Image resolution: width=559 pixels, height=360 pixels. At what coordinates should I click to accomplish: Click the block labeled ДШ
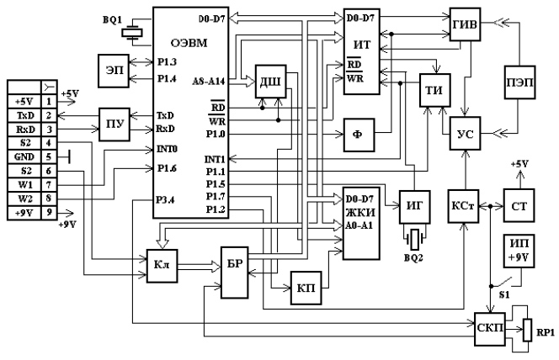[270, 82]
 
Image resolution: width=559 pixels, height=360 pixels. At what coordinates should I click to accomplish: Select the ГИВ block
[465, 24]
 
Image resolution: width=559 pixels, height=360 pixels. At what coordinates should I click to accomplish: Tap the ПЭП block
[519, 82]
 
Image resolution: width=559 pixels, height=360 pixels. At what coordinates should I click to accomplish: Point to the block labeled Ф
[359, 135]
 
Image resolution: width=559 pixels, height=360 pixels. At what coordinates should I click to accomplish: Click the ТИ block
[434, 90]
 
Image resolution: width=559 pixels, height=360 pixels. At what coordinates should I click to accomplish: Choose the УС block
[465, 133]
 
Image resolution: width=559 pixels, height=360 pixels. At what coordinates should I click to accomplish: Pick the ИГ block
[414, 207]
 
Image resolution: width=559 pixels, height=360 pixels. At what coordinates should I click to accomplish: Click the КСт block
[463, 206]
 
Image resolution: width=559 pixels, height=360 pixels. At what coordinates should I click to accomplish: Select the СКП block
[490, 329]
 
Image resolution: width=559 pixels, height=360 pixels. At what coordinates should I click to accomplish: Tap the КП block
[306, 288]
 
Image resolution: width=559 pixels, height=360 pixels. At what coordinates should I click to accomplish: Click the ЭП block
[114, 71]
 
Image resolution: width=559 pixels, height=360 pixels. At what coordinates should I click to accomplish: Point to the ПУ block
[114, 124]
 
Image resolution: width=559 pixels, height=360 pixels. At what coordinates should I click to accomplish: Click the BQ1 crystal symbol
[132, 33]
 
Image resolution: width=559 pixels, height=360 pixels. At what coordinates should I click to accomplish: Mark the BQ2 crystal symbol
[414, 239]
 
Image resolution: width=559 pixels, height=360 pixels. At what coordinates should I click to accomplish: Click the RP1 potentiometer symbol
[527, 330]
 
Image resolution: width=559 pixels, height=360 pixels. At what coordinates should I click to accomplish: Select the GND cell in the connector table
[24, 156]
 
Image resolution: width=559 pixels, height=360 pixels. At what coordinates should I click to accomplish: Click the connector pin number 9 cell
[49, 213]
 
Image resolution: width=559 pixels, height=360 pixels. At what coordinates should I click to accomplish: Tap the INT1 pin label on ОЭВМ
[215, 159]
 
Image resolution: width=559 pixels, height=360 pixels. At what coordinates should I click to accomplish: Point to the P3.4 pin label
[165, 199]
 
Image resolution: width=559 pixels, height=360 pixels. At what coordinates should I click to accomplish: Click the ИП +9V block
[519, 251]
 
